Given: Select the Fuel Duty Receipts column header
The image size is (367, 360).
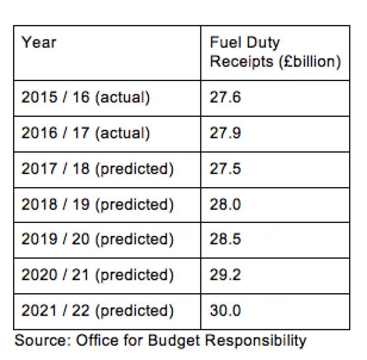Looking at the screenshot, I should (275, 52).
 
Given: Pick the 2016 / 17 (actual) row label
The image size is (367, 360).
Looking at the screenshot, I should (86, 134).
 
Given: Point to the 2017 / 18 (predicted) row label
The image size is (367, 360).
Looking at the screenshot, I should (97, 169).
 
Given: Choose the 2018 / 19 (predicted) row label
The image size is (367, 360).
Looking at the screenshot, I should (97, 204).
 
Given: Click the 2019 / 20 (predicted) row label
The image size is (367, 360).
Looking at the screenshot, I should (97, 240).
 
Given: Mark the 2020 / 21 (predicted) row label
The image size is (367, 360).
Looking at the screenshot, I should (97, 275).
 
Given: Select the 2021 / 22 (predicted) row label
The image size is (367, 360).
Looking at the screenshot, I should (97, 311).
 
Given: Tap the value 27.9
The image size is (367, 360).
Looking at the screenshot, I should (225, 134).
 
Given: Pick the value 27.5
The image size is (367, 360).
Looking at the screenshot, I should (225, 169).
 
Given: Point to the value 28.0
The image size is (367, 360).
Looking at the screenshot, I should (225, 204).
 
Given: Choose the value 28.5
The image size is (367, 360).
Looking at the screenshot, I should (225, 240).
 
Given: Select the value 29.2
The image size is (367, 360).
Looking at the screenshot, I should (225, 275).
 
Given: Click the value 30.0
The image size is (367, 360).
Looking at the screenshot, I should (225, 311).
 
